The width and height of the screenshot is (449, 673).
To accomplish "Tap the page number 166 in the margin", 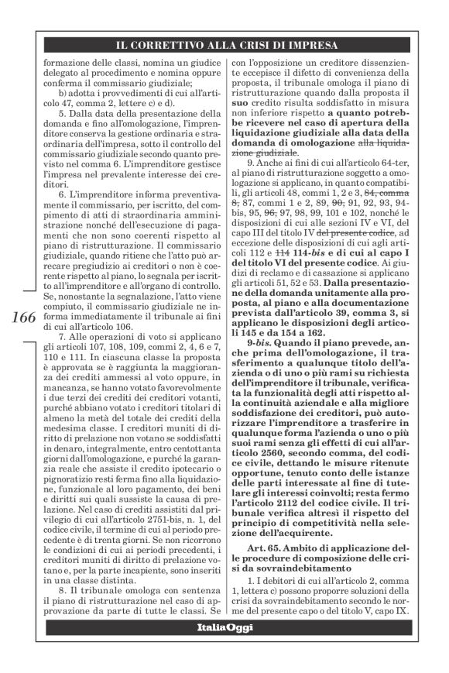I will click(x=26, y=320).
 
